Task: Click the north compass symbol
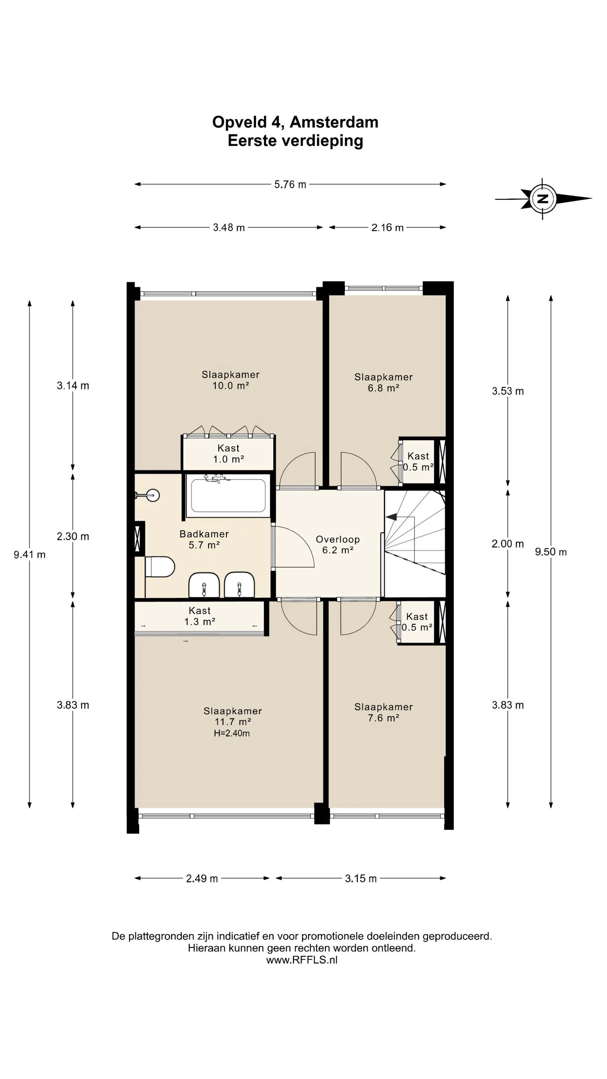pos(543,199)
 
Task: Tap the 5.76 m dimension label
pos(290,185)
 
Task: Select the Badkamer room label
pos(204,539)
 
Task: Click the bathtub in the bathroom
pos(228,496)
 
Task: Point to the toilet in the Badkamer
pos(159,567)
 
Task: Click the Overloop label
pos(338,545)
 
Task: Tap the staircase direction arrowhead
pos(391,516)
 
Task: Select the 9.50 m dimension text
pos(551,552)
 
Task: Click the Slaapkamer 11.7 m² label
pos(233,716)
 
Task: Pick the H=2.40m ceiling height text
pos(232,733)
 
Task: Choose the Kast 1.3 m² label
pos(200,616)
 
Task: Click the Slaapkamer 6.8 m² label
pos(383,382)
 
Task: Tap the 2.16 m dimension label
pos(387,228)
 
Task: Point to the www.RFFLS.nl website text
pos(302,960)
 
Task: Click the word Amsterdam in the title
pos(334,122)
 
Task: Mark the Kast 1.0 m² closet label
pos(228,454)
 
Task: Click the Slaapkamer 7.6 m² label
pos(383,712)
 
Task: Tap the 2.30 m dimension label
pos(73,537)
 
